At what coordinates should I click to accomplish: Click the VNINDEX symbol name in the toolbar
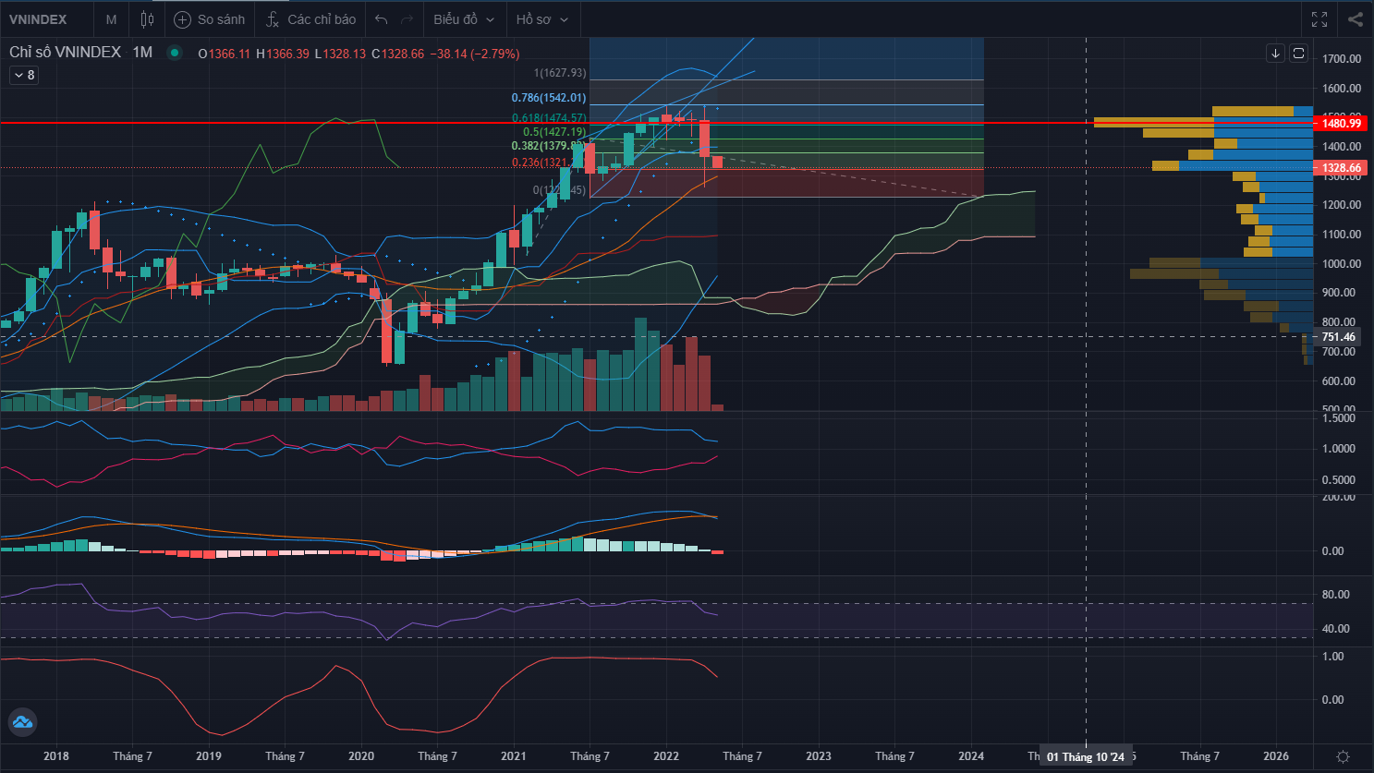38,19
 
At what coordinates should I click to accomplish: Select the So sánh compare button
210,19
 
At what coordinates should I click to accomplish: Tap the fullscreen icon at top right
1319,19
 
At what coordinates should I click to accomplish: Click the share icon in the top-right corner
1355,19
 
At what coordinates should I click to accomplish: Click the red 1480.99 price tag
1341,123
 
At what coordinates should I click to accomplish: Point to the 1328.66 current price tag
1341,168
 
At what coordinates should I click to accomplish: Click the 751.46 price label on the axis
1338,337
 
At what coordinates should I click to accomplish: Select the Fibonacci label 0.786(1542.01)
549,98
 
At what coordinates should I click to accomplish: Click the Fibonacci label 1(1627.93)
560,73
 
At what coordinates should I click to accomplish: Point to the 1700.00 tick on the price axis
1342,59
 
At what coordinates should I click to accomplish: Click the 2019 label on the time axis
209,756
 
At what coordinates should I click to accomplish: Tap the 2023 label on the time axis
819,756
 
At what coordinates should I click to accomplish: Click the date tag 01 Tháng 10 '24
1086,757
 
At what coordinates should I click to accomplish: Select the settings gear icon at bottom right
1343,756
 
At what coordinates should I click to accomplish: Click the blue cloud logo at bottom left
21,722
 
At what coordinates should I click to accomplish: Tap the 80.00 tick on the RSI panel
1336,595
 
